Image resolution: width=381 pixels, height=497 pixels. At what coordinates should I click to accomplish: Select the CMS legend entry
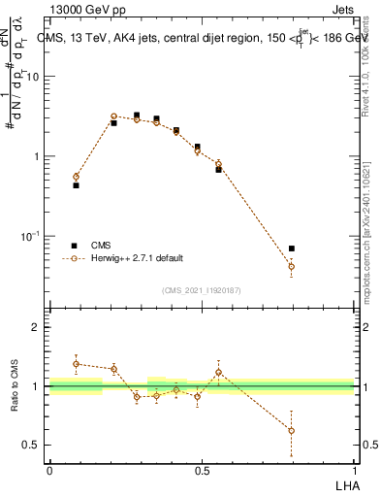101,246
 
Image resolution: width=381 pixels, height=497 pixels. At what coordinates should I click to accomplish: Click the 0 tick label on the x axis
49,470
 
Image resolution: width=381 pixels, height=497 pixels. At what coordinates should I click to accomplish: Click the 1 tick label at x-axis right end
354,470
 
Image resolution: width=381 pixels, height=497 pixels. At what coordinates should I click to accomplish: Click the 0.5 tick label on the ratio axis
32,446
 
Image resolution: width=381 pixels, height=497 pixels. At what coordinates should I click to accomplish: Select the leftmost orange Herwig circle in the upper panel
76,177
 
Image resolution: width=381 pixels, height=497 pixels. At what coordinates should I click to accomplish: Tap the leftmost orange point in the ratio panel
76,364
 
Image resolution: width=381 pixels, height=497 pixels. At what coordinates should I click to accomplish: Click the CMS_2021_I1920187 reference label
201,290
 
